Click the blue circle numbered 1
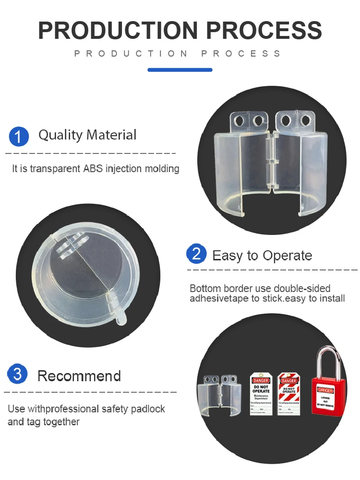pos(19,136)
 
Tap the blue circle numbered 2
pos(196,254)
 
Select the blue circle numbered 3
pos(18,374)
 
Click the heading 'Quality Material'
pos(87,135)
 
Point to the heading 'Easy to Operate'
pos(262,256)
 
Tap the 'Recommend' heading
pos(79,376)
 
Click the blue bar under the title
pos(180,70)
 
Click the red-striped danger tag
pos(289,393)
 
